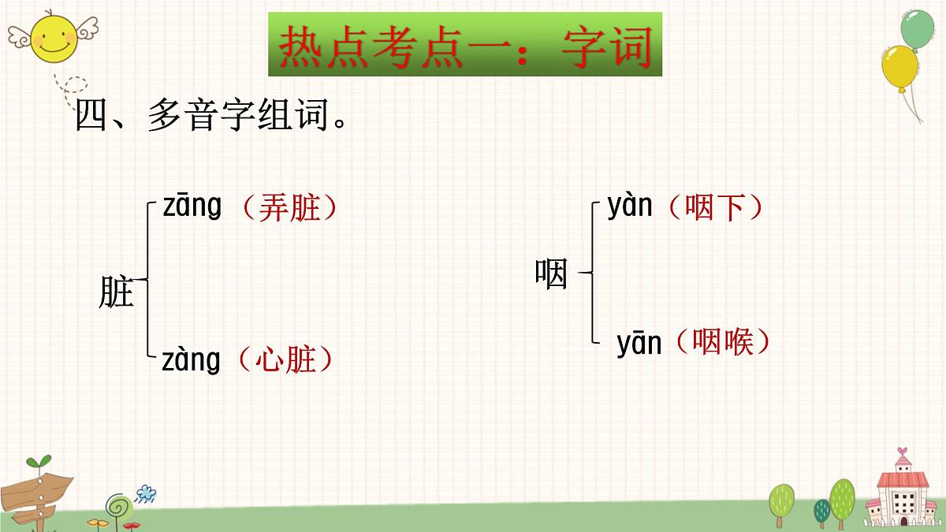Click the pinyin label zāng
(192, 207)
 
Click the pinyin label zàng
(191, 360)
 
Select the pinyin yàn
(630, 206)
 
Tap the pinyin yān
(639, 344)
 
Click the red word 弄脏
(289, 208)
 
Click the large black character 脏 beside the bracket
(117, 292)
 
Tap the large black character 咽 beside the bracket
(551, 274)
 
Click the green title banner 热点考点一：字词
(465, 45)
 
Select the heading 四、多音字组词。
(210, 119)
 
